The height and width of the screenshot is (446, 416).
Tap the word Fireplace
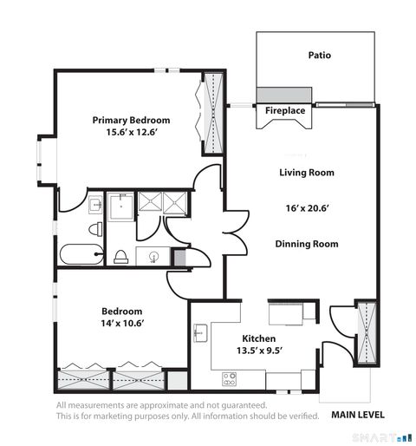pyautogui.click(x=285, y=111)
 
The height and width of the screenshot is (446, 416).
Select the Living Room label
pyautogui.click(x=306, y=172)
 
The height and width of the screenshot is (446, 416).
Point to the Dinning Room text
pyautogui.click(x=306, y=244)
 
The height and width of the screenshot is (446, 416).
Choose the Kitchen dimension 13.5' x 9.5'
pyautogui.click(x=260, y=352)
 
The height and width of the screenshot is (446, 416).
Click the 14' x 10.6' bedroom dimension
pyautogui.click(x=122, y=323)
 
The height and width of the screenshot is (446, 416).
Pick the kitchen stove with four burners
pyautogui.click(x=231, y=378)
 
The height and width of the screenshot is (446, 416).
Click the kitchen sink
pyautogui.click(x=200, y=332)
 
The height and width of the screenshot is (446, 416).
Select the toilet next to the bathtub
pyautogui.click(x=96, y=230)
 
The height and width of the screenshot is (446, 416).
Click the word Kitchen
pyautogui.click(x=259, y=339)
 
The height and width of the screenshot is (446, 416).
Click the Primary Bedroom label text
pyautogui.click(x=131, y=120)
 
